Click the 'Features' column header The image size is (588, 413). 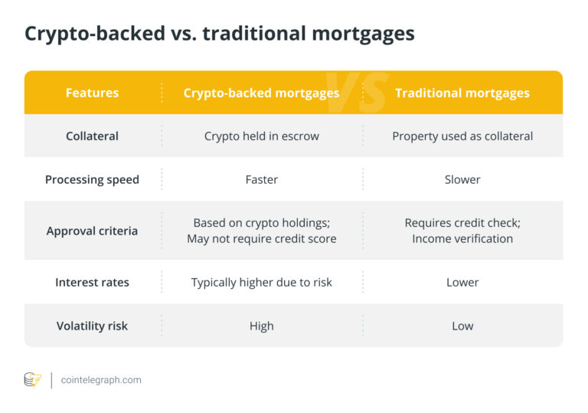coord(92,93)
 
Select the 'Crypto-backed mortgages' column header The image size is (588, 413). coord(261,93)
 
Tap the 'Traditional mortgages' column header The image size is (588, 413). coord(462,93)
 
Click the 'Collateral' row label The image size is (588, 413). coord(92,136)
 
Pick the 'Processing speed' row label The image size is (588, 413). coord(92,179)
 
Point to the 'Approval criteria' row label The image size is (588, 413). coord(92,231)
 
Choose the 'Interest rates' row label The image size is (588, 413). coord(92,282)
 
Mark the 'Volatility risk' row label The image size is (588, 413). coord(92,326)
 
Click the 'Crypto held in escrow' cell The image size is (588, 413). coord(261,136)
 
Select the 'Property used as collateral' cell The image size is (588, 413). coord(462,136)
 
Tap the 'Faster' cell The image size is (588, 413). coord(261,179)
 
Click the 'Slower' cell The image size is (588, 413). coord(462,179)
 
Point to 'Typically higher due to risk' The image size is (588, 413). coord(261,282)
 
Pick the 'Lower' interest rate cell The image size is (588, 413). coord(462,282)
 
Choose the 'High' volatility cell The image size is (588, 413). coord(261,326)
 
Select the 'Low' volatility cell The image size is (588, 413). coord(462,326)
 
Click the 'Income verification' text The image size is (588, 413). coord(462,238)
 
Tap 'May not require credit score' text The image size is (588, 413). coord(261,238)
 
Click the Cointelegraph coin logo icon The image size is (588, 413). coord(32,380)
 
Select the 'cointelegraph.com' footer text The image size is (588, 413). coord(101,380)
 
